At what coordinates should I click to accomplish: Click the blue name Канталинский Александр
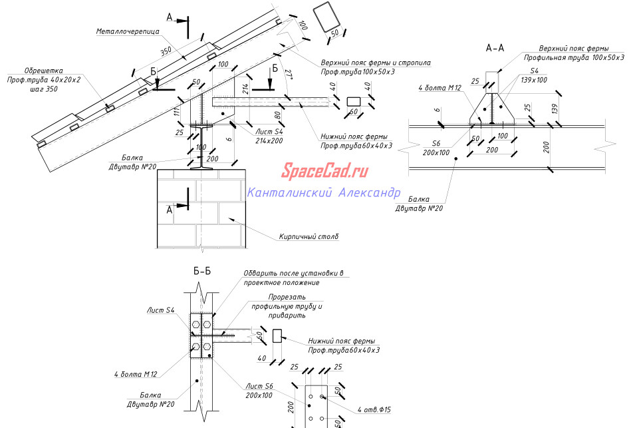[x=323, y=193]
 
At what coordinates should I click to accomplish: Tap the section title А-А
[x=495, y=48]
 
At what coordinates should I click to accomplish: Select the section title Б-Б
[x=203, y=272]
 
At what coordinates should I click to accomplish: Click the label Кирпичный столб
[x=309, y=236]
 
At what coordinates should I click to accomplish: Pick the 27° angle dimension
[x=288, y=74]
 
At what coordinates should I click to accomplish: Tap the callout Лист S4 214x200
[x=269, y=136]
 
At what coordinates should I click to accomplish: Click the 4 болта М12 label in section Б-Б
[x=135, y=374]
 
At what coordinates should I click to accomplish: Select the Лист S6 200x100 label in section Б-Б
[x=259, y=391]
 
